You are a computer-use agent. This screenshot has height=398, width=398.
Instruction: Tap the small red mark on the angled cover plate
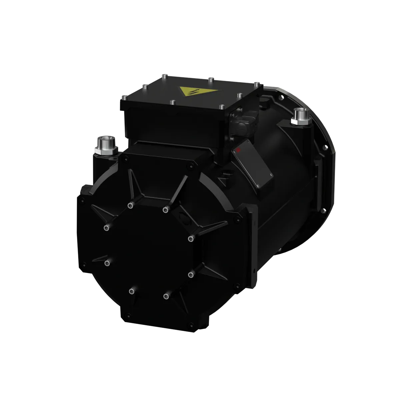(238, 151)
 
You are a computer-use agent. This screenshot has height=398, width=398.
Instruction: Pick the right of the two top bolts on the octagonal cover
(165, 209)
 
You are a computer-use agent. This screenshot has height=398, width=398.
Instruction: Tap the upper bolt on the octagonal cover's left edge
(106, 228)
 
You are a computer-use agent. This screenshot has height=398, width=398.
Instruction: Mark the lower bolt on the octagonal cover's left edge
(107, 263)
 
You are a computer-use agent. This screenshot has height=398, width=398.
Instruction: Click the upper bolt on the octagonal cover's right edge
(190, 237)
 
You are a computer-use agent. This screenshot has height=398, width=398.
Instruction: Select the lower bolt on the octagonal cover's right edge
(190, 274)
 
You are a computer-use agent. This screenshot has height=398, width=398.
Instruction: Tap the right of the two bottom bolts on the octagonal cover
(165, 295)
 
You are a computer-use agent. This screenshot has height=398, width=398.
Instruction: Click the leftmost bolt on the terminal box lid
(124, 98)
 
